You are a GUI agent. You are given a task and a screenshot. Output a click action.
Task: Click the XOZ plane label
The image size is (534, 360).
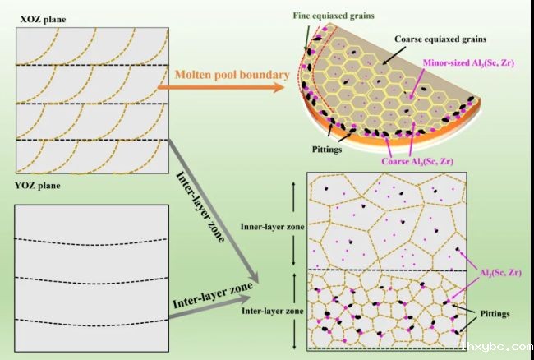43,20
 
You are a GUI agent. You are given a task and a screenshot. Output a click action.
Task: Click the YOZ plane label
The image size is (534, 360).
38,186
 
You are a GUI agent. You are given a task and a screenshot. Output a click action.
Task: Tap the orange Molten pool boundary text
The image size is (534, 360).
232,75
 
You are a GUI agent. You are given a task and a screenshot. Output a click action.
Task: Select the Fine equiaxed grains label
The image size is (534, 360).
334,16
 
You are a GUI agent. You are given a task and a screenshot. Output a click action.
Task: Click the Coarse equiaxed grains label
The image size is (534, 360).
440,39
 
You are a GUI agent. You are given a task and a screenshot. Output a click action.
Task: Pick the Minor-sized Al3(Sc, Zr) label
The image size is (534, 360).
468,63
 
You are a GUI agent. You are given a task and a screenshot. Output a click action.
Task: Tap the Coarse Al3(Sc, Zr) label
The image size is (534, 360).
417,161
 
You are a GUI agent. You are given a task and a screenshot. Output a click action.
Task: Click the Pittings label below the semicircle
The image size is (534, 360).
327,149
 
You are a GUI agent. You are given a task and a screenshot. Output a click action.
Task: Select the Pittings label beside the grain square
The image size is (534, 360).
495,313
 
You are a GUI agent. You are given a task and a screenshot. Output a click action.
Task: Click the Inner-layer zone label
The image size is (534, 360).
273,227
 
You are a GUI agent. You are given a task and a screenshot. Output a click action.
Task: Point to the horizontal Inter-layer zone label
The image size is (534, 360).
273,311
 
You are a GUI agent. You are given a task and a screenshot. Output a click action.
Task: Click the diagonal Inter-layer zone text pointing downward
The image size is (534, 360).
200,207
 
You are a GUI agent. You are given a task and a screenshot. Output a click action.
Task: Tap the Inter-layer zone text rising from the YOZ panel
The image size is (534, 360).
213,295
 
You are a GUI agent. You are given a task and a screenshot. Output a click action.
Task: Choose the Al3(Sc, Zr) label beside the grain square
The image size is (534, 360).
500,273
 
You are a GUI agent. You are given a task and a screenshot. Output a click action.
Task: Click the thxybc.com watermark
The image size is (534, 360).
498,347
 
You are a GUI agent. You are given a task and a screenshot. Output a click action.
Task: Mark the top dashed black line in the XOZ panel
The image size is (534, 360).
92,65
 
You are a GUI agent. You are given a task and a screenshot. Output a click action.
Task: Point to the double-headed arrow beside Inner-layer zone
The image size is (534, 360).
294,224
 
